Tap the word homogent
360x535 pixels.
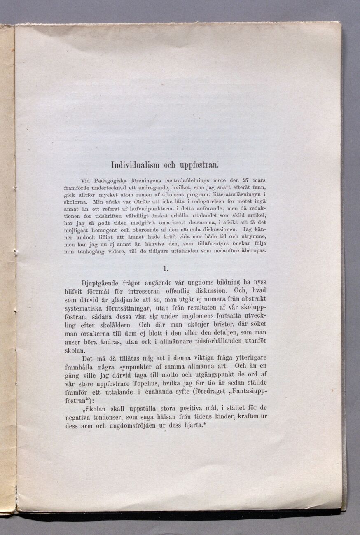pyautogui.click(x=105, y=230)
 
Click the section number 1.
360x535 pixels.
pyautogui.click(x=165, y=269)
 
